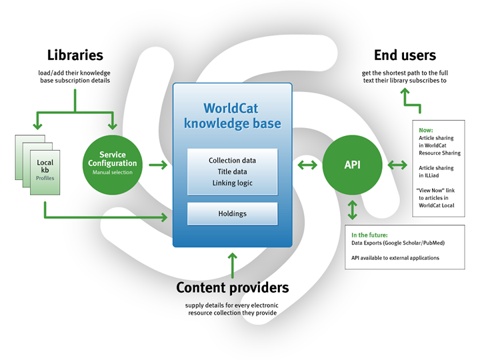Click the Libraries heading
point(75,55)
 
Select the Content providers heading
point(232,288)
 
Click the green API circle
point(353,163)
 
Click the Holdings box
point(232,214)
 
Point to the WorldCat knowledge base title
point(232,115)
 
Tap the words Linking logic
point(232,183)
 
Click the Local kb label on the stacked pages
point(45,166)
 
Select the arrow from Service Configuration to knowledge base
point(157,164)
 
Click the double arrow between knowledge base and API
point(307,164)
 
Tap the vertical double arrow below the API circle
point(353,211)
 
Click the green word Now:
point(426,131)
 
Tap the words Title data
point(232,171)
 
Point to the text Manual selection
point(113,173)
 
